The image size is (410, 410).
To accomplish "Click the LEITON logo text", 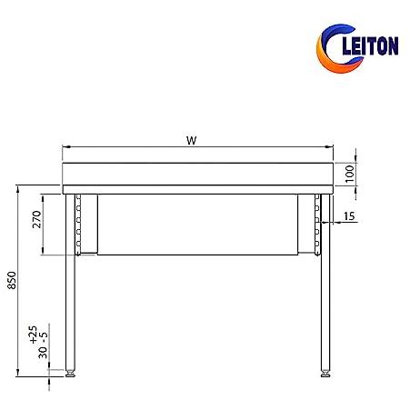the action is pos(370,45).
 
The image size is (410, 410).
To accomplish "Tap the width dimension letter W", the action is pos(192,140).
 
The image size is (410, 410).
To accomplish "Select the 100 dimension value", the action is pos(350,174).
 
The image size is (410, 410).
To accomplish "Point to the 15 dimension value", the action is pos(349,216).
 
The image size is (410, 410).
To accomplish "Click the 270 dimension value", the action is pos(36,219).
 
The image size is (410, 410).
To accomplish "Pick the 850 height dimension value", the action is pos(12,280).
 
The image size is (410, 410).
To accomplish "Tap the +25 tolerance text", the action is pos(33,335).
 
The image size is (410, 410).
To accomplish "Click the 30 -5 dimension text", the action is pos(43,345).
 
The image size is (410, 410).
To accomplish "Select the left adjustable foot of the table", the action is pos(70,374).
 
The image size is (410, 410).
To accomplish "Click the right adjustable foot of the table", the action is pos(325,374).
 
